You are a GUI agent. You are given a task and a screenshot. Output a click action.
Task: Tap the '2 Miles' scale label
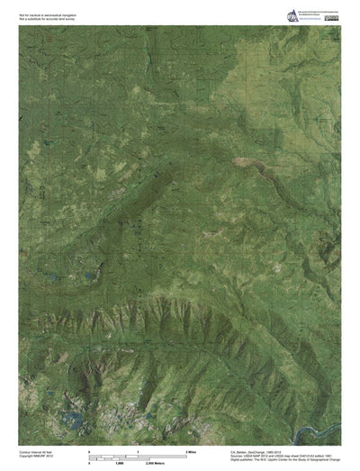(191, 449)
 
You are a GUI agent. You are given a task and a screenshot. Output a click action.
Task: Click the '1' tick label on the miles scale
(137, 449)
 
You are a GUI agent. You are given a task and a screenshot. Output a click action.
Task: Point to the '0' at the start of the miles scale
(88, 449)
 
